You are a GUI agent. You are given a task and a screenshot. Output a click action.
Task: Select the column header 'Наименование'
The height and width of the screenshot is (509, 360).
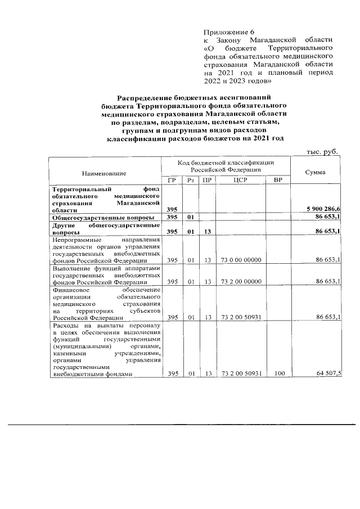click(x=103, y=173)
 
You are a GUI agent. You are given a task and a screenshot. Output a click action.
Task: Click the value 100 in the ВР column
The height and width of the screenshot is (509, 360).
click(x=277, y=373)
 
